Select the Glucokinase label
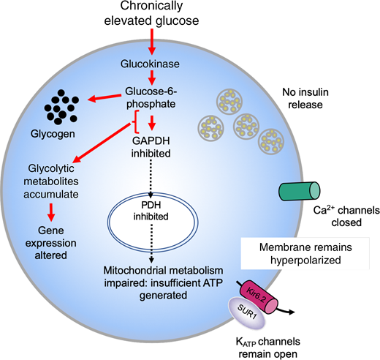click(151, 64)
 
